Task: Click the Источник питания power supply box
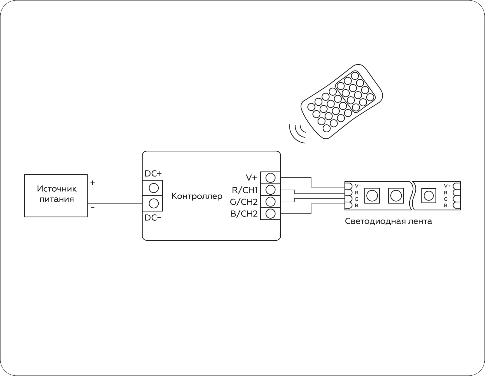pyautogui.click(x=56, y=195)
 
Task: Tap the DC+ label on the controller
pyautogui.click(x=153, y=174)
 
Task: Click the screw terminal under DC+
pyautogui.click(x=154, y=188)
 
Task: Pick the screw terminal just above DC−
pyautogui.click(x=154, y=203)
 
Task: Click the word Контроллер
pyautogui.click(x=197, y=196)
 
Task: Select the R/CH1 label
pyautogui.click(x=245, y=190)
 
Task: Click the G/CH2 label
pyautogui.click(x=244, y=202)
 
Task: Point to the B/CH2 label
pyautogui.click(x=244, y=214)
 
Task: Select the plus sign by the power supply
pyautogui.click(x=93, y=183)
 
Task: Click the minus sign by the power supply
pyautogui.click(x=93, y=208)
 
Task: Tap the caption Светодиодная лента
pyautogui.click(x=388, y=221)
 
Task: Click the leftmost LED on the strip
pyautogui.click(x=372, y=196)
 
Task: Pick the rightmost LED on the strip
pyautogui.click(x=428, y=196)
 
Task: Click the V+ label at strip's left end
pyautogui.click(x=358, y=186)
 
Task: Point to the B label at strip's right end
pyautogui.click(x=446, y=206)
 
